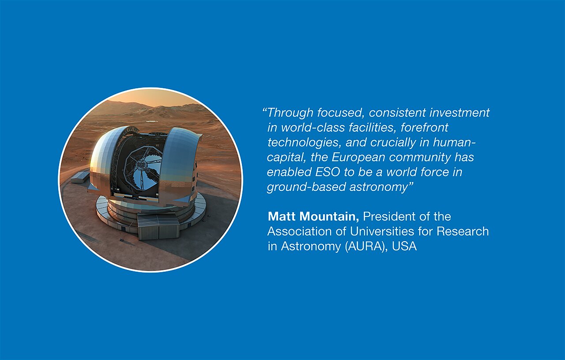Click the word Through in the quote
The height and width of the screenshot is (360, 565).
[x=290, y=113]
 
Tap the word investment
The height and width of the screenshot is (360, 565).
[x=460, y=113]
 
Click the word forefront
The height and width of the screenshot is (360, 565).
[x=424, y=128]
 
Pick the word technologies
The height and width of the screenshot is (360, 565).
[x=304, y=142]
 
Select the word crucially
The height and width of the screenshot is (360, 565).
[x=393, y=142]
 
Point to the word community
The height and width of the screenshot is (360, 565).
[x=420, y=157]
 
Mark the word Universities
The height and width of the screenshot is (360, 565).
[x=382, y=231]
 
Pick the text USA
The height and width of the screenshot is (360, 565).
[x=404, y=246]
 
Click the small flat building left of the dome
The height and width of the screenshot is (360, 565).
[x=80, y=178]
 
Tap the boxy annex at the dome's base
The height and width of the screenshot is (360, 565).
[x=158, y=227]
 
